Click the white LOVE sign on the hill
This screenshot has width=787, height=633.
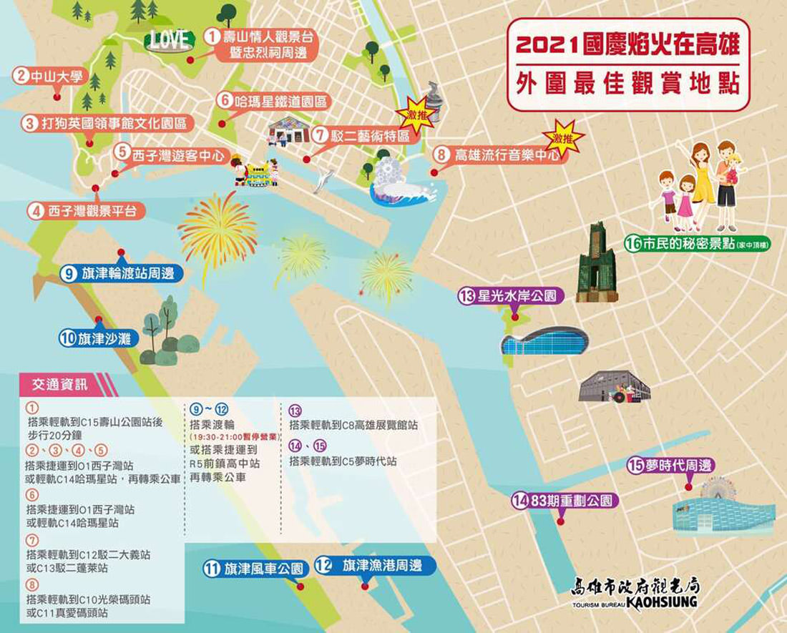tap(170, 38)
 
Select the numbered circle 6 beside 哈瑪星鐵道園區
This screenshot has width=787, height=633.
tap(225, 101)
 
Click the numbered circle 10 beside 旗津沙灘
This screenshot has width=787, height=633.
tap(69, 339)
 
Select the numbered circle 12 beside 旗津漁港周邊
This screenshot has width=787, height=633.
tap(324, 566)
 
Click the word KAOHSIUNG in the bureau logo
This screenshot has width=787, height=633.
tap(662, 602)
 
